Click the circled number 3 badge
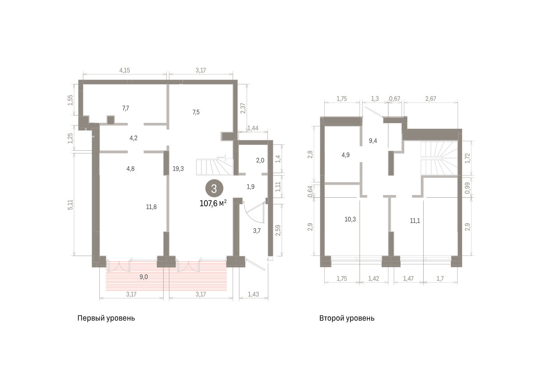click(214, 188)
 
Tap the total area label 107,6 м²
click(213, 203)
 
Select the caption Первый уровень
click(106, 318)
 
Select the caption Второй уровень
click(347, 318)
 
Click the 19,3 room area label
click(178, 169)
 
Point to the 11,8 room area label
click(151, 207)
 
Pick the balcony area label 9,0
click(144, 277)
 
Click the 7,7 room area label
click(126, 108)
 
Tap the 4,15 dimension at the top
click(125, 70)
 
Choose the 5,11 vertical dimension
click(70, 204)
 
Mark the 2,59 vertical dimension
click(278, 230)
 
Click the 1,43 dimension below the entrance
click(253, 294)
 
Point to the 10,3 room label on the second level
click(350, 219)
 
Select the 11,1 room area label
click(415, 221)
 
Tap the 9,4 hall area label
click(373, 141)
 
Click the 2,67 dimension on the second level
click(431, 99)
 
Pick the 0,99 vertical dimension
click(467, 188)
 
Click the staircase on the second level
click(439, 158)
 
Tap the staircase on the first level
click(215, 167)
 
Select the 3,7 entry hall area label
click(257, 231)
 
